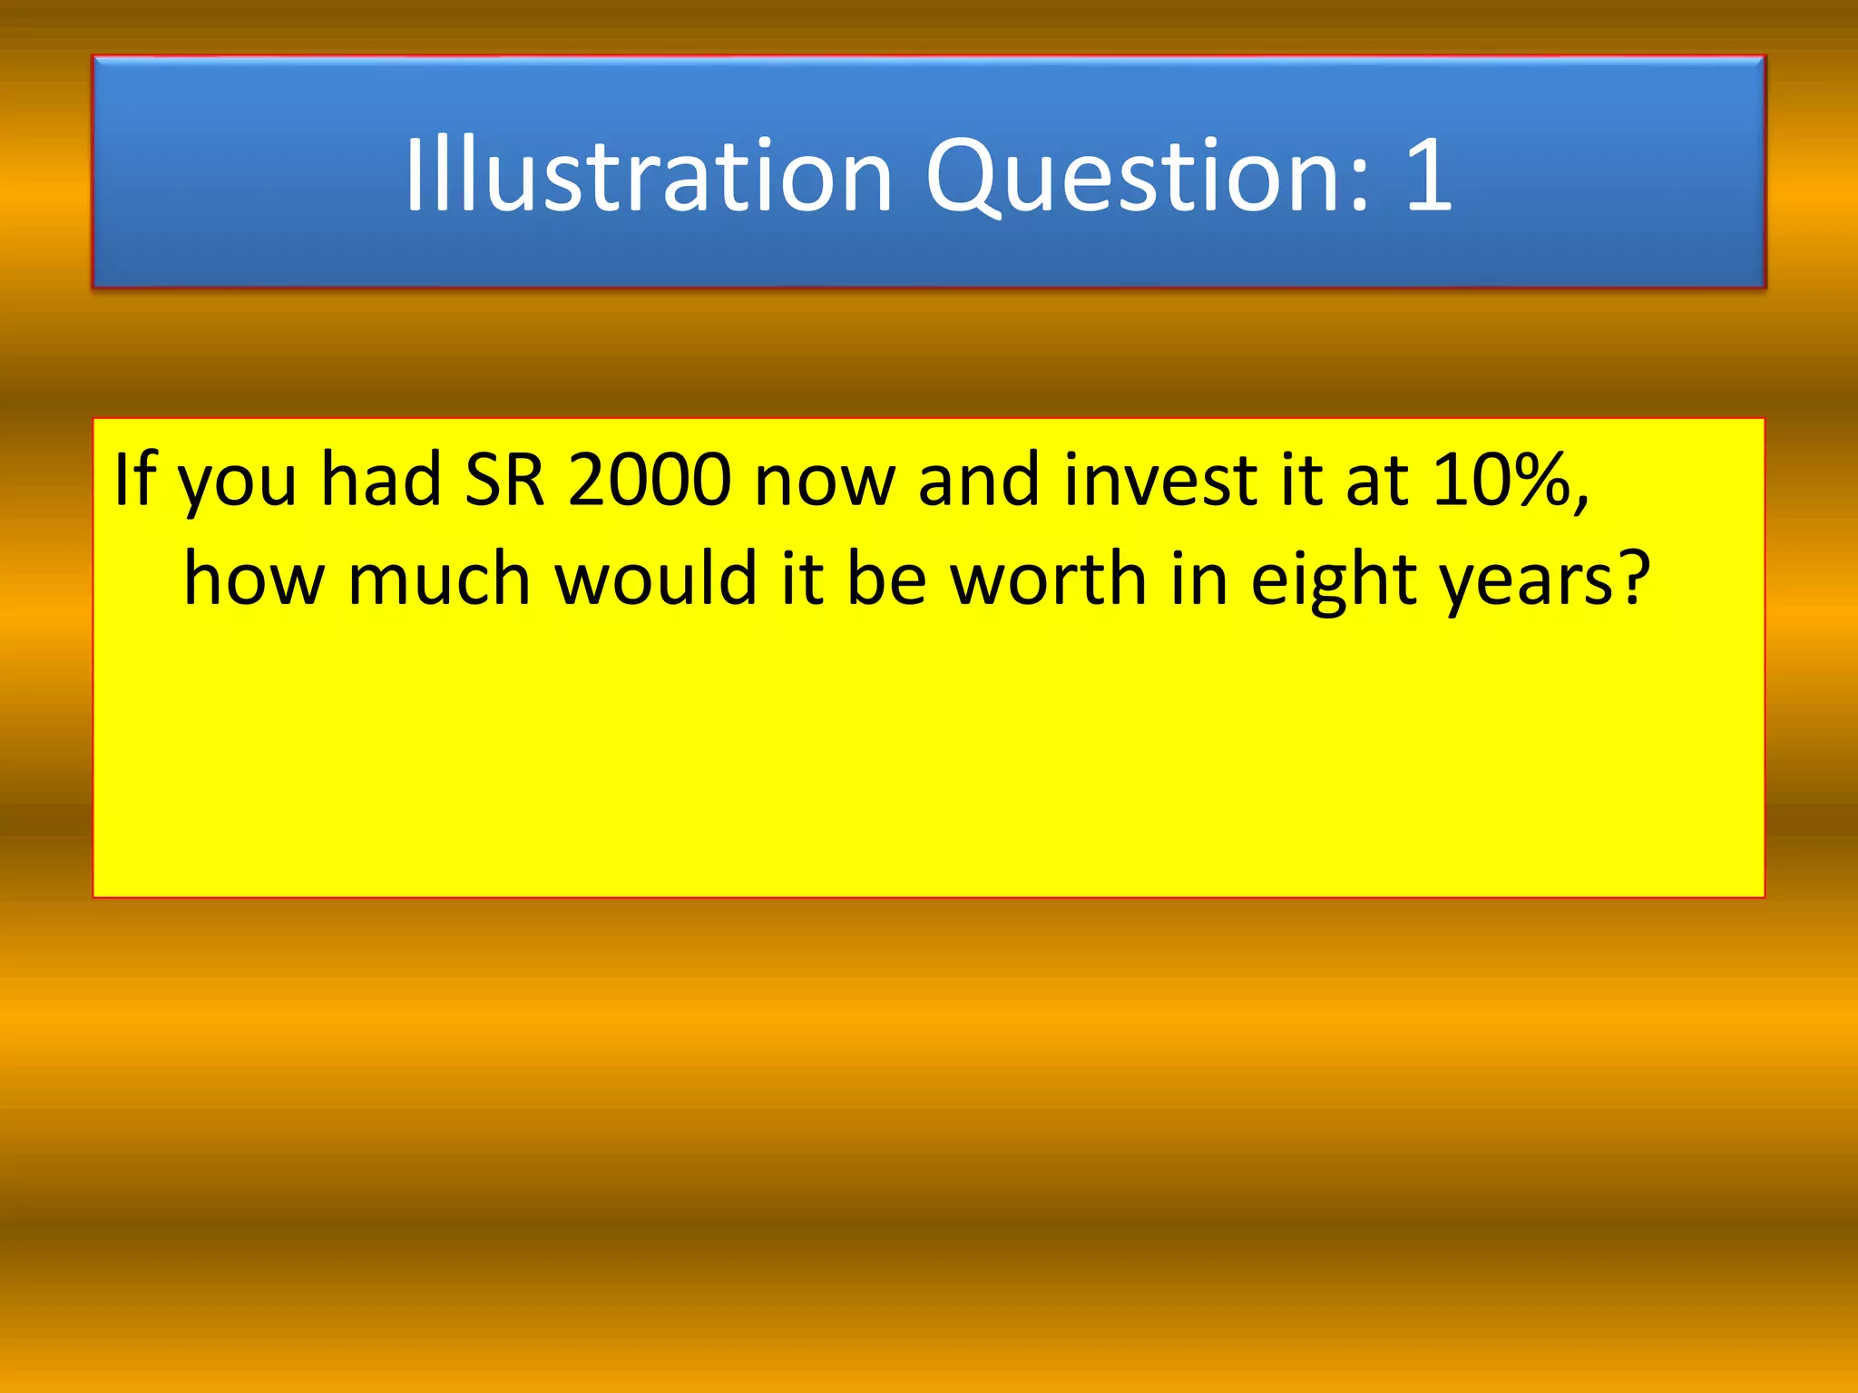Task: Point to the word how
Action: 254,580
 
